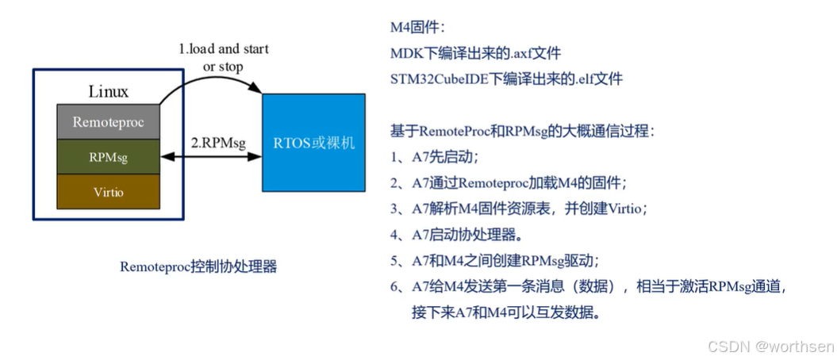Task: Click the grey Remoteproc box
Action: click(107, 122)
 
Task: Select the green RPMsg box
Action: click(107, 157)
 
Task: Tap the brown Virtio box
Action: click(107, 192)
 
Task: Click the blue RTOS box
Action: click(314, 143)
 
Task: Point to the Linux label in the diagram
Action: click(109, 92)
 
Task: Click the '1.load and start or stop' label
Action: click(223, 57)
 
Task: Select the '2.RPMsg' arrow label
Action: click(218, 142)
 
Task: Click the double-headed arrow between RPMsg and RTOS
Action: click(210, 156)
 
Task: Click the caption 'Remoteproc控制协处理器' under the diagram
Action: click(198, 266)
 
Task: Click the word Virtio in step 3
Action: click(623, 209)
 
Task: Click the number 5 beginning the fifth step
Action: click(395, 261)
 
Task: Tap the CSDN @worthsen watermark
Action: click(770, 347)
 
